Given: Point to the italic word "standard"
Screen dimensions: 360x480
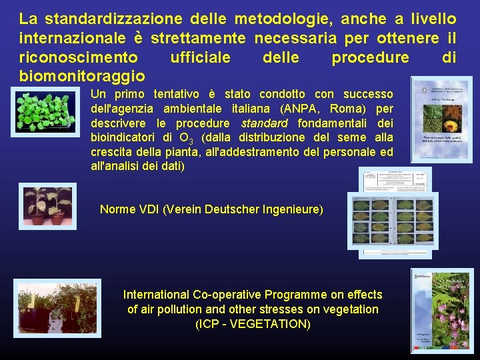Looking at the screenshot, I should coord(265,123).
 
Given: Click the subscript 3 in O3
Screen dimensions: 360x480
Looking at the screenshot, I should coord(191,141).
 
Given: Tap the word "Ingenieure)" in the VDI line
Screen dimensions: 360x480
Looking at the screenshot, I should coord(295,209).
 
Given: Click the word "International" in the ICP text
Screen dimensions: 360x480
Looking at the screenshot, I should coord(155,294).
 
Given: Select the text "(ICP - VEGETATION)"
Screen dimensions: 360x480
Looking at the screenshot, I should coord(253,324).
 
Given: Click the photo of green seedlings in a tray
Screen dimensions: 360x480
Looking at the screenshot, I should coord(46,111).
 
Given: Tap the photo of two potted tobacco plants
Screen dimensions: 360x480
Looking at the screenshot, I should coord(47,207).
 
